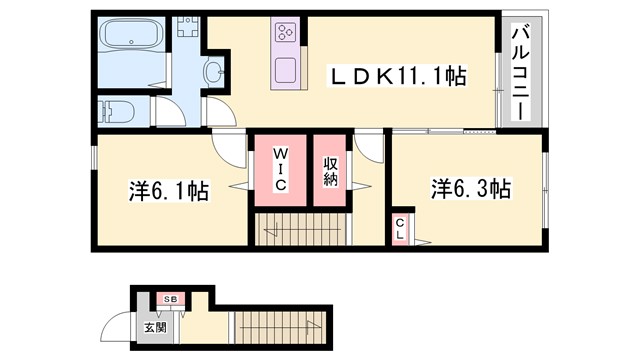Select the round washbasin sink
coord(214,71)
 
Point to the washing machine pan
coord(188,28)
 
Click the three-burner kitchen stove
coord(284,31)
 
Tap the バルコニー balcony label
coord(520,69)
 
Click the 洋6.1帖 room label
coord(169,190)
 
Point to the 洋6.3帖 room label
coord(471,188)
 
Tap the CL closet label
coord(399,229)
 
